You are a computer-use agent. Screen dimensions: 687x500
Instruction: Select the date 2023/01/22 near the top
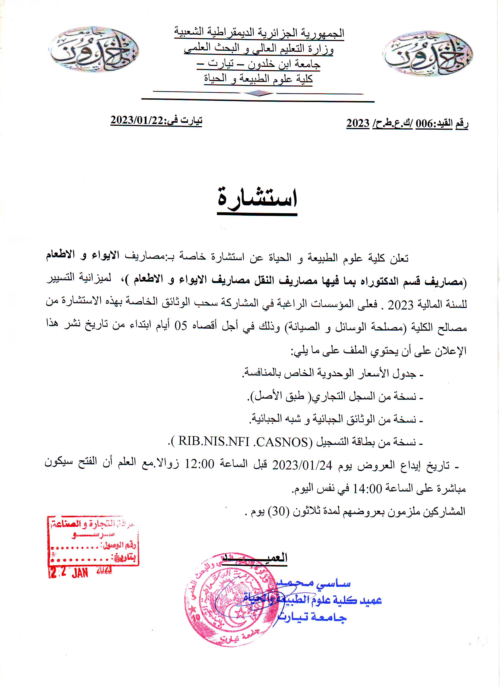pyautogui.click(x=137, y=120)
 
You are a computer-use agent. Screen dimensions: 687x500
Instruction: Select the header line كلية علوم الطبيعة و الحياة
pyautogui.click(x=258, y=79)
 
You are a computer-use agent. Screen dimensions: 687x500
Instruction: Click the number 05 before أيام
pyautogui.click(x=181, y=326)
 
